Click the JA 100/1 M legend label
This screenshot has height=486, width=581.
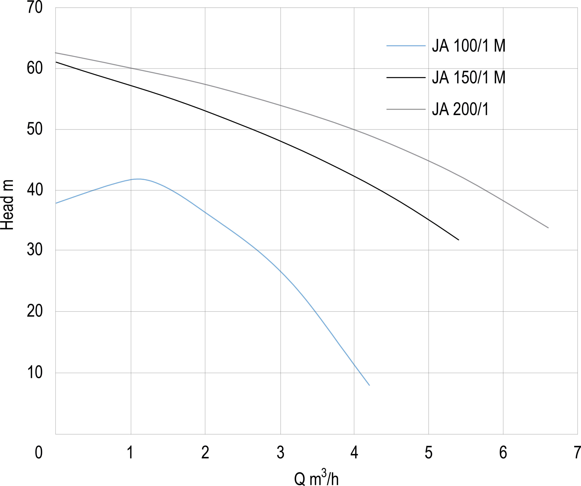point(468,46)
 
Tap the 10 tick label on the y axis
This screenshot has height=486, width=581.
point(35,373)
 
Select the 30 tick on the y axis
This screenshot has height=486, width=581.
point(35,250)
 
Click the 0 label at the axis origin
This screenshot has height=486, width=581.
point(39,453)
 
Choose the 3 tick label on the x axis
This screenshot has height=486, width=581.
point(280,453)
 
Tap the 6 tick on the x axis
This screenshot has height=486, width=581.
point(503,453)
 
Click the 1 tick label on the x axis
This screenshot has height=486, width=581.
point(130,453)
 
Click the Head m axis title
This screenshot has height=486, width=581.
point(7,205)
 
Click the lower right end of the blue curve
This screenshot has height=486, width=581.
point(369,385)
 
